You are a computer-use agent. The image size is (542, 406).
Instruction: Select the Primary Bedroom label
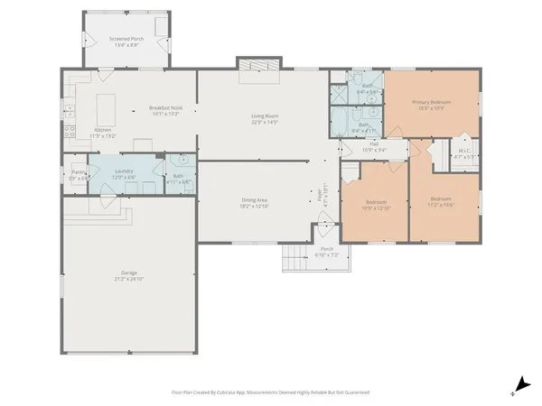(x=430, y=103)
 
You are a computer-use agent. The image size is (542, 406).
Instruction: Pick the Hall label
(x=374, y=144)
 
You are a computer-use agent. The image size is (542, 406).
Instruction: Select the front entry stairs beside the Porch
(x=294, y=258)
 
